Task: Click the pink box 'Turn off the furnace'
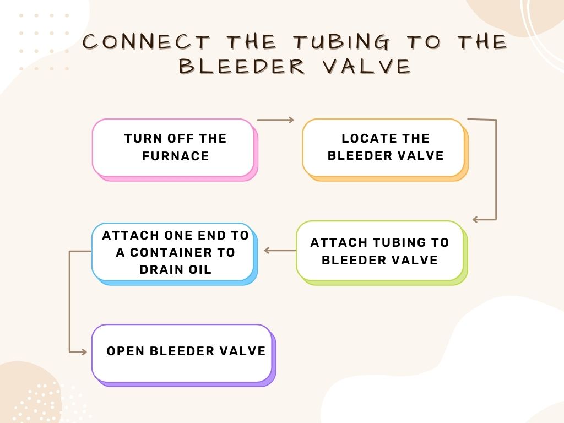coord(173,147)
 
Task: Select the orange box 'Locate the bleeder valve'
coord(383,147)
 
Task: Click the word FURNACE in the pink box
coord(176,156)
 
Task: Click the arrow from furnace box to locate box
coord(275,120)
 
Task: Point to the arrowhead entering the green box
coord(475,220)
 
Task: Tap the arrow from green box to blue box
coord(280,251)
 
